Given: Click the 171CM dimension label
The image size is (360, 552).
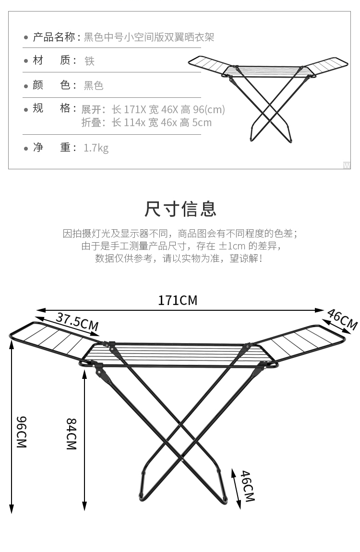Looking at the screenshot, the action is (178, 300).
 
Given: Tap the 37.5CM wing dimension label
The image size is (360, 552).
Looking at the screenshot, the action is (77, 321).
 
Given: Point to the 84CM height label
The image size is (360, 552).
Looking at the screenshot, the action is (71, 434).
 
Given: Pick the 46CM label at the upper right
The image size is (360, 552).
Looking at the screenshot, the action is (342, 319).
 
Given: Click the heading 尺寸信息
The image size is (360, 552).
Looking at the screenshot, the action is (180, 209).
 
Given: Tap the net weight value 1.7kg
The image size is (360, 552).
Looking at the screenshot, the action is (96, 148).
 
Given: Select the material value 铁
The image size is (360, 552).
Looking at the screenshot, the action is (89, 61).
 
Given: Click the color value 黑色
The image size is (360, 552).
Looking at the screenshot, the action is (94, 86).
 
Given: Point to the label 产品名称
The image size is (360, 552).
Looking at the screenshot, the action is (54, 37).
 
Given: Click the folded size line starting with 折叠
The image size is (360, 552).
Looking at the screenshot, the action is (146, 123).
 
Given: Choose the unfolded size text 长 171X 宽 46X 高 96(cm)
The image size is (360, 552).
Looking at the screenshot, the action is (168, 109).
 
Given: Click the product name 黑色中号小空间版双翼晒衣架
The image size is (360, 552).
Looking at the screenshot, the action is (149, 37).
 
